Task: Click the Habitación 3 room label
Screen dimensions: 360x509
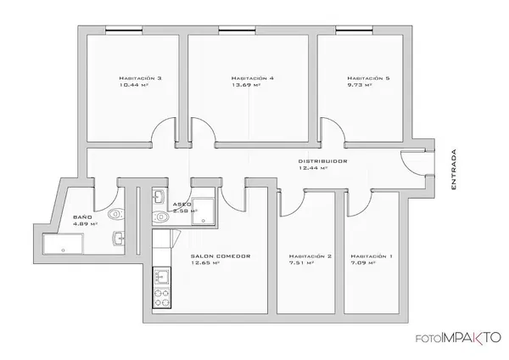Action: (x=141, y=78)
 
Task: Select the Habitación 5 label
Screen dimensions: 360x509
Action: (x=369, y=78)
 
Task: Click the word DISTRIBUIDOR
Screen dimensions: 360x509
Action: (x=322, y=160)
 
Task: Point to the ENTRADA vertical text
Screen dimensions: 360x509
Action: (x=456, y=169)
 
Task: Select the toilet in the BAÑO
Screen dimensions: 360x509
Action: (x=116, y=212)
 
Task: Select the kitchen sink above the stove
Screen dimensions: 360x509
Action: (x=159, y=277)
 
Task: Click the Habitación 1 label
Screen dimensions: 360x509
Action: (x=372, y=256)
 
